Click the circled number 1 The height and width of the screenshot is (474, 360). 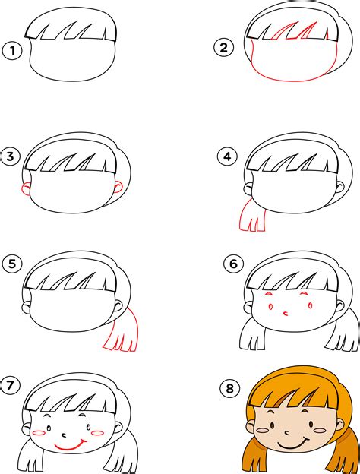12,51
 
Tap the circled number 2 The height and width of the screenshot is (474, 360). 224,47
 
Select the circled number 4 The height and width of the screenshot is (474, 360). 227,156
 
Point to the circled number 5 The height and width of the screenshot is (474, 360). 12,264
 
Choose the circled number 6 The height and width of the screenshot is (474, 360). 233,264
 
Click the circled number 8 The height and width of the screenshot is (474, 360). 230,388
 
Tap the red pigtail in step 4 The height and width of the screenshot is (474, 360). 253,215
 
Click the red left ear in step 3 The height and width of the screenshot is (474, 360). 26,189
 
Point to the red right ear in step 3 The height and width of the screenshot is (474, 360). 118,188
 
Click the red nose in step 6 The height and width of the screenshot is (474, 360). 286,313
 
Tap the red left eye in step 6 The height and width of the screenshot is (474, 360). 270,307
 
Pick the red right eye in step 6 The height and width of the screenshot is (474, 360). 310,305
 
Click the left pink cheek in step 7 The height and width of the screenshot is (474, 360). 39,433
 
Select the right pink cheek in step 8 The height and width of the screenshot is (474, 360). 320,430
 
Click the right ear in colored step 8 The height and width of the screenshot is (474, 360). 341,425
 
